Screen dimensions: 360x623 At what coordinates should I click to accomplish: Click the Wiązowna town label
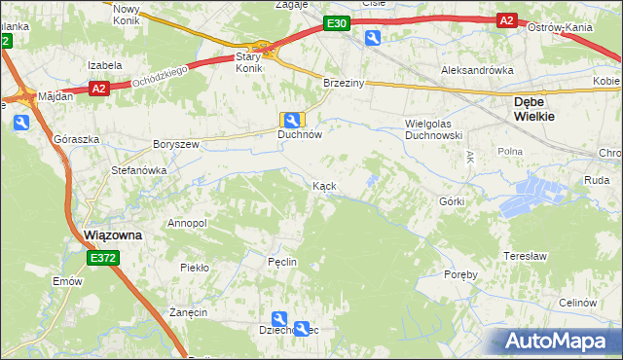108,235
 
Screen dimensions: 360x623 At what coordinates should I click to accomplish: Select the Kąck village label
325,185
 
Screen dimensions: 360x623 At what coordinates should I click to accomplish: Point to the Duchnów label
299,136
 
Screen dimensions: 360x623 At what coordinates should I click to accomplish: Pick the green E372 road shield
101,258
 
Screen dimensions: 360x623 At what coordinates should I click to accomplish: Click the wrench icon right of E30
373,37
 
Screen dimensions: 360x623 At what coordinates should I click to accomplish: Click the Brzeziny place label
344,84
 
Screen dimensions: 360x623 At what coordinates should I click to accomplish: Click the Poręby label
459,274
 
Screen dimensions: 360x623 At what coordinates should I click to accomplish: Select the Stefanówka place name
139,170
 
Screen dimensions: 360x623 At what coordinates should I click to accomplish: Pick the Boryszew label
176,144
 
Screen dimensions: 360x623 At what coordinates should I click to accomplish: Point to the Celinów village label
578,303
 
